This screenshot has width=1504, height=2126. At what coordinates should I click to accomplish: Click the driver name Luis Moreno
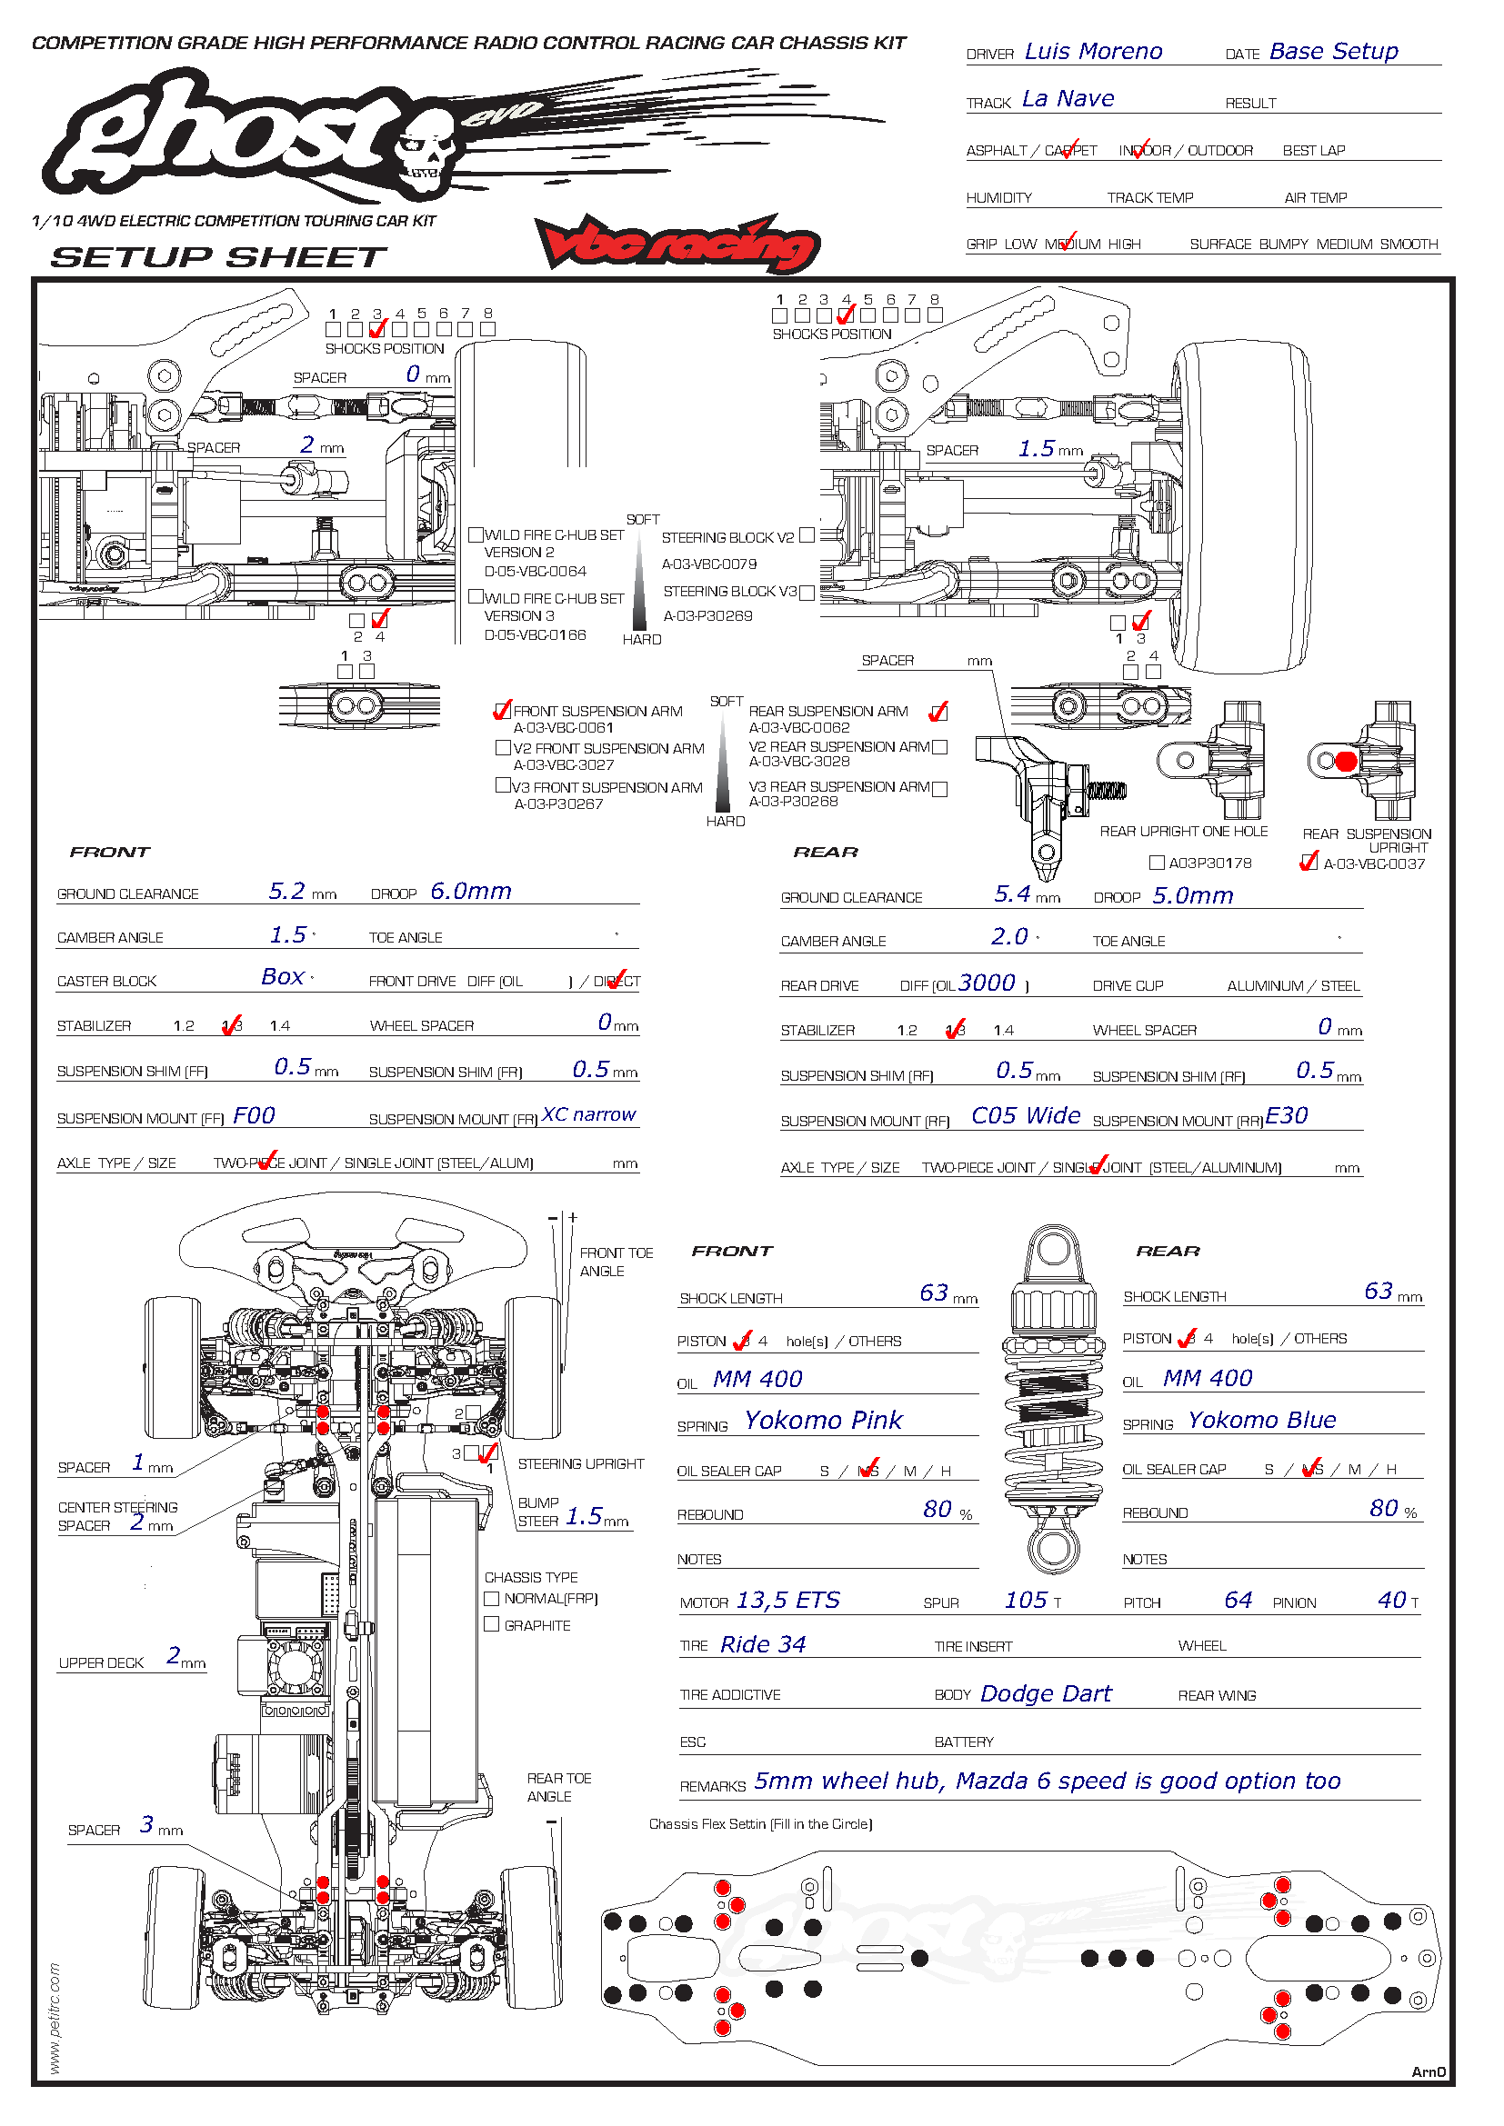1093,52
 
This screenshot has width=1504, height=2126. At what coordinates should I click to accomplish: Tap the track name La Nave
1068,99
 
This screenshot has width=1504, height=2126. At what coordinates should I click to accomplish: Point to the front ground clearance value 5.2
287,892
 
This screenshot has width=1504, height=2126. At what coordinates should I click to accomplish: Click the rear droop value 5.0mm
1193,896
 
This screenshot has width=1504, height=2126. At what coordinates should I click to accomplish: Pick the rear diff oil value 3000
988,983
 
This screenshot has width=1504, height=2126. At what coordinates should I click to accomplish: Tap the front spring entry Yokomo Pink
823,1421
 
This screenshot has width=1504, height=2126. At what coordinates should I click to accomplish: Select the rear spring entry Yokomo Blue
1261,1421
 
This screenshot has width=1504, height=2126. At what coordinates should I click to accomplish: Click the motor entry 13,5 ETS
788,1600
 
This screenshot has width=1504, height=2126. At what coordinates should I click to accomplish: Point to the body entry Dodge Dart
1046,1693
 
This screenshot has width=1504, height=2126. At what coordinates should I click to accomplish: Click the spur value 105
1026,1600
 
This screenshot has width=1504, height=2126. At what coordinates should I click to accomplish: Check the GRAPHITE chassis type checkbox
492,1624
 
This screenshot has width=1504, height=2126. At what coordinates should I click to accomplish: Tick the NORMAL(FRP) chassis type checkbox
492,1598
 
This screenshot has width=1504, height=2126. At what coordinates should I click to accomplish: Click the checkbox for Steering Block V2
807,535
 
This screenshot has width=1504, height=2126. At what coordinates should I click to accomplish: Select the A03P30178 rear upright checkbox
1157,863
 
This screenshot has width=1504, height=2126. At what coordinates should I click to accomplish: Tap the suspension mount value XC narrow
589,1115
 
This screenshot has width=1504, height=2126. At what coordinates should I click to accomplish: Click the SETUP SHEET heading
218,257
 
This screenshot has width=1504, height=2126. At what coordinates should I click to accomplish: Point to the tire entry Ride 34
763,1644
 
